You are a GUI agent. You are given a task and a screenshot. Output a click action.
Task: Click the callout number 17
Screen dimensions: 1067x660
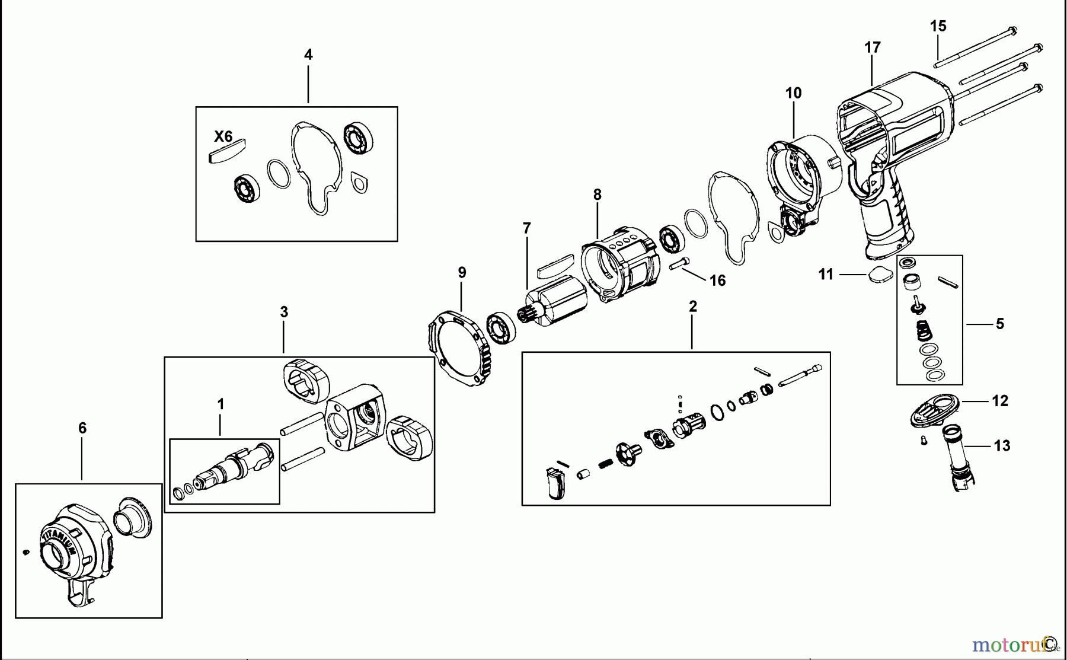pyautogui.click(x=873, y=47)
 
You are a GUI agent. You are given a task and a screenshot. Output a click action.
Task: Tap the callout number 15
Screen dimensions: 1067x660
pyautogui.click(x=938, y=26)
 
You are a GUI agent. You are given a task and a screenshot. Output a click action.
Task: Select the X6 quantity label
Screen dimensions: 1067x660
pyautogui.click(x=223, y=137)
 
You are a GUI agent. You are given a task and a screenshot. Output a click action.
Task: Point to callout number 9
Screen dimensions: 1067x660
pyautogui.click(x=462, y=273)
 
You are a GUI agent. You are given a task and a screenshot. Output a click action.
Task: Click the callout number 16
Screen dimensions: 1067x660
pyautogui.click(x=718, y=280)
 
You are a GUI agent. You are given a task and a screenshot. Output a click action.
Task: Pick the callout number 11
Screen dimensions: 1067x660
pyautogui.click(x=826, y=275)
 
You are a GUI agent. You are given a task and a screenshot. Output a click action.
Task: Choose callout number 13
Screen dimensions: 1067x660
pyautogui.click(x=1002, y=446)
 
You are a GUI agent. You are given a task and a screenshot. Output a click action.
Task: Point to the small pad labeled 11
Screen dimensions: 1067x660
pyautogui.click(x=878, y=274)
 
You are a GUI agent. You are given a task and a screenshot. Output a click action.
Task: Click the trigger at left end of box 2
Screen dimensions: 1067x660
pyautogui.click(x=556, y=483)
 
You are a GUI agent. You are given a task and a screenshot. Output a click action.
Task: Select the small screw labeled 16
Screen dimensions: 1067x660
pyautogui.click(x=681, y=263)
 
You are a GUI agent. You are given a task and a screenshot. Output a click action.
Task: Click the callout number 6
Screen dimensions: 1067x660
pyautogui.click(x=82, y=428)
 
